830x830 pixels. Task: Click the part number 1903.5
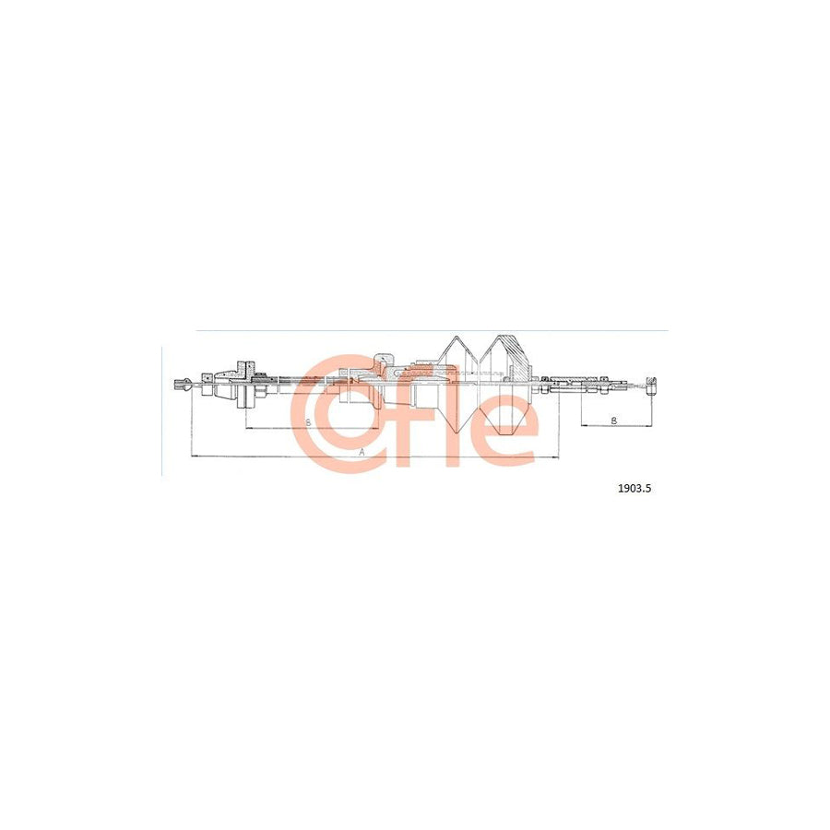point(634,490)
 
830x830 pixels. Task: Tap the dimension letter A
point(362,453)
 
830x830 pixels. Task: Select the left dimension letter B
point(308,421)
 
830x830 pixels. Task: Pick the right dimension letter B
point(614,421)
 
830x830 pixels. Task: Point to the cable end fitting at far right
point(652,382)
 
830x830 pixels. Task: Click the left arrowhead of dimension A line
point(191,456)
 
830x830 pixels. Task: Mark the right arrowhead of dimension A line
point(557,456)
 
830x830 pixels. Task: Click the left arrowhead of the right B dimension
point(583,426)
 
